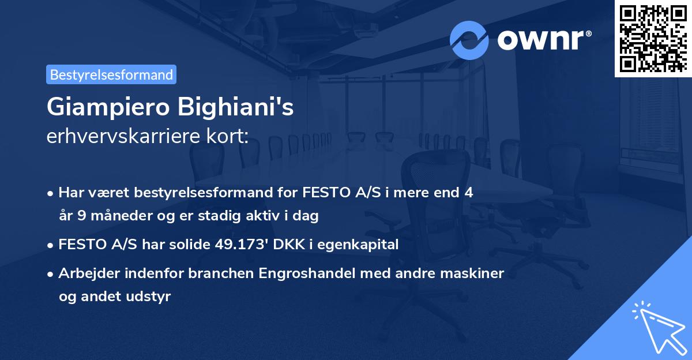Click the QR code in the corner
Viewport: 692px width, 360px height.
653,38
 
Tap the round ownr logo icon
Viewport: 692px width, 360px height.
469,40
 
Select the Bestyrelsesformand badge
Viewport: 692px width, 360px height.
111,74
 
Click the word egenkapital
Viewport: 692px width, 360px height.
362,245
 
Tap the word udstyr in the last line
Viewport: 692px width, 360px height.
150,297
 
